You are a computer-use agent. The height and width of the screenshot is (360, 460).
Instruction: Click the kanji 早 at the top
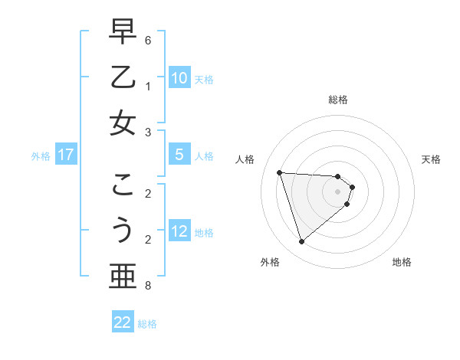(123, 31)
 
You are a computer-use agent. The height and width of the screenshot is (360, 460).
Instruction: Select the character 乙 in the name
(123, 77)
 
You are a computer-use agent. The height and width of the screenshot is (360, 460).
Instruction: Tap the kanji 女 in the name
(123, 123)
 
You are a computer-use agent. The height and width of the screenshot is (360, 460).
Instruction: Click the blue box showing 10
(179, 78)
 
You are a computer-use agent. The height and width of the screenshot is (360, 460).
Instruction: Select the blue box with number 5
(179, 155)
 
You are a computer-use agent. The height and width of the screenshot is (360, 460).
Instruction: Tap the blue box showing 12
(179, 231)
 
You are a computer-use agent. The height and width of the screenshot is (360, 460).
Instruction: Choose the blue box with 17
(65, 155)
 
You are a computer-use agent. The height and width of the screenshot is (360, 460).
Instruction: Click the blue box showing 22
(123, 322)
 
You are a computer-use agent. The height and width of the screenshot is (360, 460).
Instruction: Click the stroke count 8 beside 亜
(148, 286)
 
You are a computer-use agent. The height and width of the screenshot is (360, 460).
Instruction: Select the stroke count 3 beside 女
(148, 133)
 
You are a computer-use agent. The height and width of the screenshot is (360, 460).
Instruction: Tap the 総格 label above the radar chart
(337, 100)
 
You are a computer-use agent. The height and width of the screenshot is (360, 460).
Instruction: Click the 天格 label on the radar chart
(431, 159)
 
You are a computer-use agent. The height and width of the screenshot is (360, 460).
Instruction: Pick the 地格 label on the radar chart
(402, 262)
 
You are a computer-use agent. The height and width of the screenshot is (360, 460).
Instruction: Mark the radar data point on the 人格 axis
(280, 172)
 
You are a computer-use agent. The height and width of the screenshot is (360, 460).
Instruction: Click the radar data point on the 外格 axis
(301, 242)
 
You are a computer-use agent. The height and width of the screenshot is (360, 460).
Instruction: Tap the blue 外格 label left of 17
(41, 155)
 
